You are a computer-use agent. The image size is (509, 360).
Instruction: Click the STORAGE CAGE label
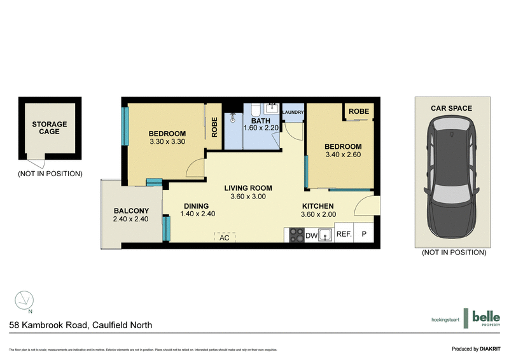(x=50, y=128)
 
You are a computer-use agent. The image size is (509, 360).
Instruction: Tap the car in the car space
(x=452, y=179)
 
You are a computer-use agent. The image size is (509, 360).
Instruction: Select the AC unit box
(x=224, y=237)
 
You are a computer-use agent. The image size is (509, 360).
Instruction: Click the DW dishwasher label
(x=311, y=236)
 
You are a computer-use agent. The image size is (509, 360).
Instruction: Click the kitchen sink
(x=326, y=235)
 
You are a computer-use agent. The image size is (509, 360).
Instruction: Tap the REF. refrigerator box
(x=344, y=234)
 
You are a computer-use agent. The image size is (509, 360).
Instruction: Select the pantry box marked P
(x=365, y=234)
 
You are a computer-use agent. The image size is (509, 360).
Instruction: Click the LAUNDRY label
(x=293, y=113)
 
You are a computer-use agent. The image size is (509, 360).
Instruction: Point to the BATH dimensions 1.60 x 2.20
(x=261, y=128)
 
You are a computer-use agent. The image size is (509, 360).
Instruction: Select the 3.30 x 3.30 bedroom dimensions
(x=167, y=142)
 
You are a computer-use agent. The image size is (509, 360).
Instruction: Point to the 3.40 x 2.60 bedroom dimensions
(x=343, y=155)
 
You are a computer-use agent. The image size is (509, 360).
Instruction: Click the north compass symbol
(x=24, y=299)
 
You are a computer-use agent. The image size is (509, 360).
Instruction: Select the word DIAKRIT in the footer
(x=492, y=349)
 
